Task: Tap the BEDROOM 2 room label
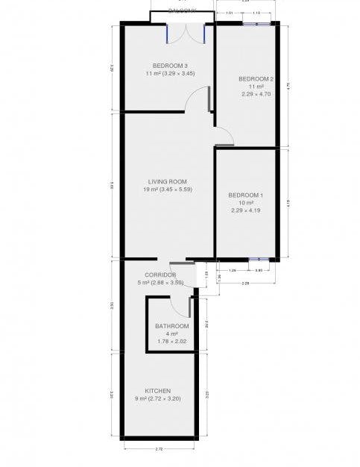point(256,79)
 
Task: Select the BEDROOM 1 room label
point(246,195)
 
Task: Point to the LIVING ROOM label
point(166,181)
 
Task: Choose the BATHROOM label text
point(172,326)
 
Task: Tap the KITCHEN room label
point(159,391)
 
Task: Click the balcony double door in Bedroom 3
point(186,33)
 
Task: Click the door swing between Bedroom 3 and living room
point(198,100)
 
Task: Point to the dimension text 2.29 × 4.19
point(246,211)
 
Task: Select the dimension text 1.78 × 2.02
point(172,342)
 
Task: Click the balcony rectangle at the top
point(183,16)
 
